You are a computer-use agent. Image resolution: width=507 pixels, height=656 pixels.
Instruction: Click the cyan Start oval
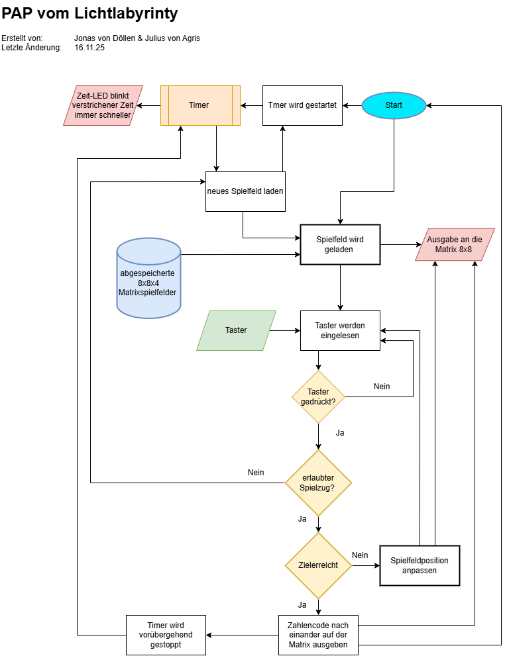pyautogui.click(x=394, y=105)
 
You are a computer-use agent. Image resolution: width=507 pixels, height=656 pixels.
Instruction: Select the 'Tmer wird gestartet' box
pyautogui.click(x=302, y=105)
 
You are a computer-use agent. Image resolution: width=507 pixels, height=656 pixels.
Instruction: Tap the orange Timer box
pyautogui.click(x=200, y=105)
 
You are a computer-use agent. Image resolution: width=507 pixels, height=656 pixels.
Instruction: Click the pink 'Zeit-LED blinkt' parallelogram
pyautogui.click(x=103, y=105)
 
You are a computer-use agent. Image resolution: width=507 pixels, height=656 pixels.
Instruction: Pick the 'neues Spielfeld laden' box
pyautogui.click(x=245, y=191)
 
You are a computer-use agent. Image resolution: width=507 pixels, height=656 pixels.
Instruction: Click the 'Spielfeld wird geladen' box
pyautogui.click(x=340, y=244)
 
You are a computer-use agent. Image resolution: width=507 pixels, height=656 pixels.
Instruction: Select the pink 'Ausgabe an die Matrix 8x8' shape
pyautogui.click(x=455, y=244)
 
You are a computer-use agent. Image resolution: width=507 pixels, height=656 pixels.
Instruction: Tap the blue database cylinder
pyautogui.click(x=149, y=278)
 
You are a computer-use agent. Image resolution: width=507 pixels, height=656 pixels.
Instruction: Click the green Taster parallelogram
pyautogui.click(x=236, y=330)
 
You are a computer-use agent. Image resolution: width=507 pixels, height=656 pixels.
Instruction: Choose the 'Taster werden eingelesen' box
pyautogui.click(x=340, y=330)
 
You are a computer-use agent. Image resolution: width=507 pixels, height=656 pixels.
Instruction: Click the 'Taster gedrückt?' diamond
pyautogui.click(x=319, y=397)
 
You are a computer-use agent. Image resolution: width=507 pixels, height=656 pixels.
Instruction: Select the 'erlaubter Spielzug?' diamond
pyautogui.click(x=318, y=483)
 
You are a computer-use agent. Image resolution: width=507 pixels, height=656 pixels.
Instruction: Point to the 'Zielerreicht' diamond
pyautogui.click(x=318, y=565)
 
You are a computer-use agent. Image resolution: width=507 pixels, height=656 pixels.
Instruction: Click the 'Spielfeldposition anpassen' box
pyautogui.click(x=420, y=565)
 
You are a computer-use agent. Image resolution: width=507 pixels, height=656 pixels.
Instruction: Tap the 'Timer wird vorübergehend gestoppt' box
pyautogui.click(x=166, y=635)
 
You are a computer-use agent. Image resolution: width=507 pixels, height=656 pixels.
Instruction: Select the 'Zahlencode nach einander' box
pyautogui.click(x=318, y=635)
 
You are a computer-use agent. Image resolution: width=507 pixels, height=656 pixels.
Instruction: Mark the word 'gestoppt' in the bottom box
pyautogui.click(x=166, y=644)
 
